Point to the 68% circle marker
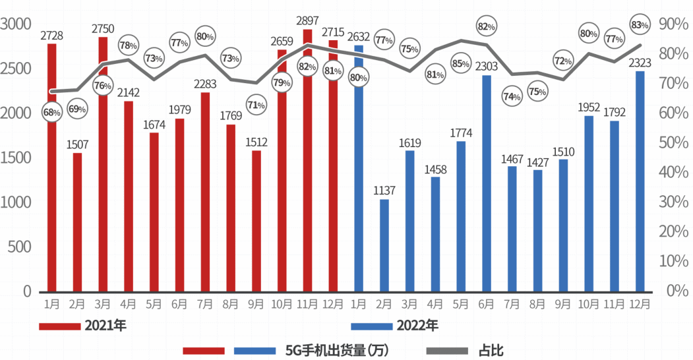tap(51, 112)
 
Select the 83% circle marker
tap(639, 25)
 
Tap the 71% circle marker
tap(256, 104)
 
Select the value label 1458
tap(435, 169)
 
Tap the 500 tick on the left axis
tap(22, 247)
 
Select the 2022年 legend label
tap(417, 326)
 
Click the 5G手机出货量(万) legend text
tap(336, 350)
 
